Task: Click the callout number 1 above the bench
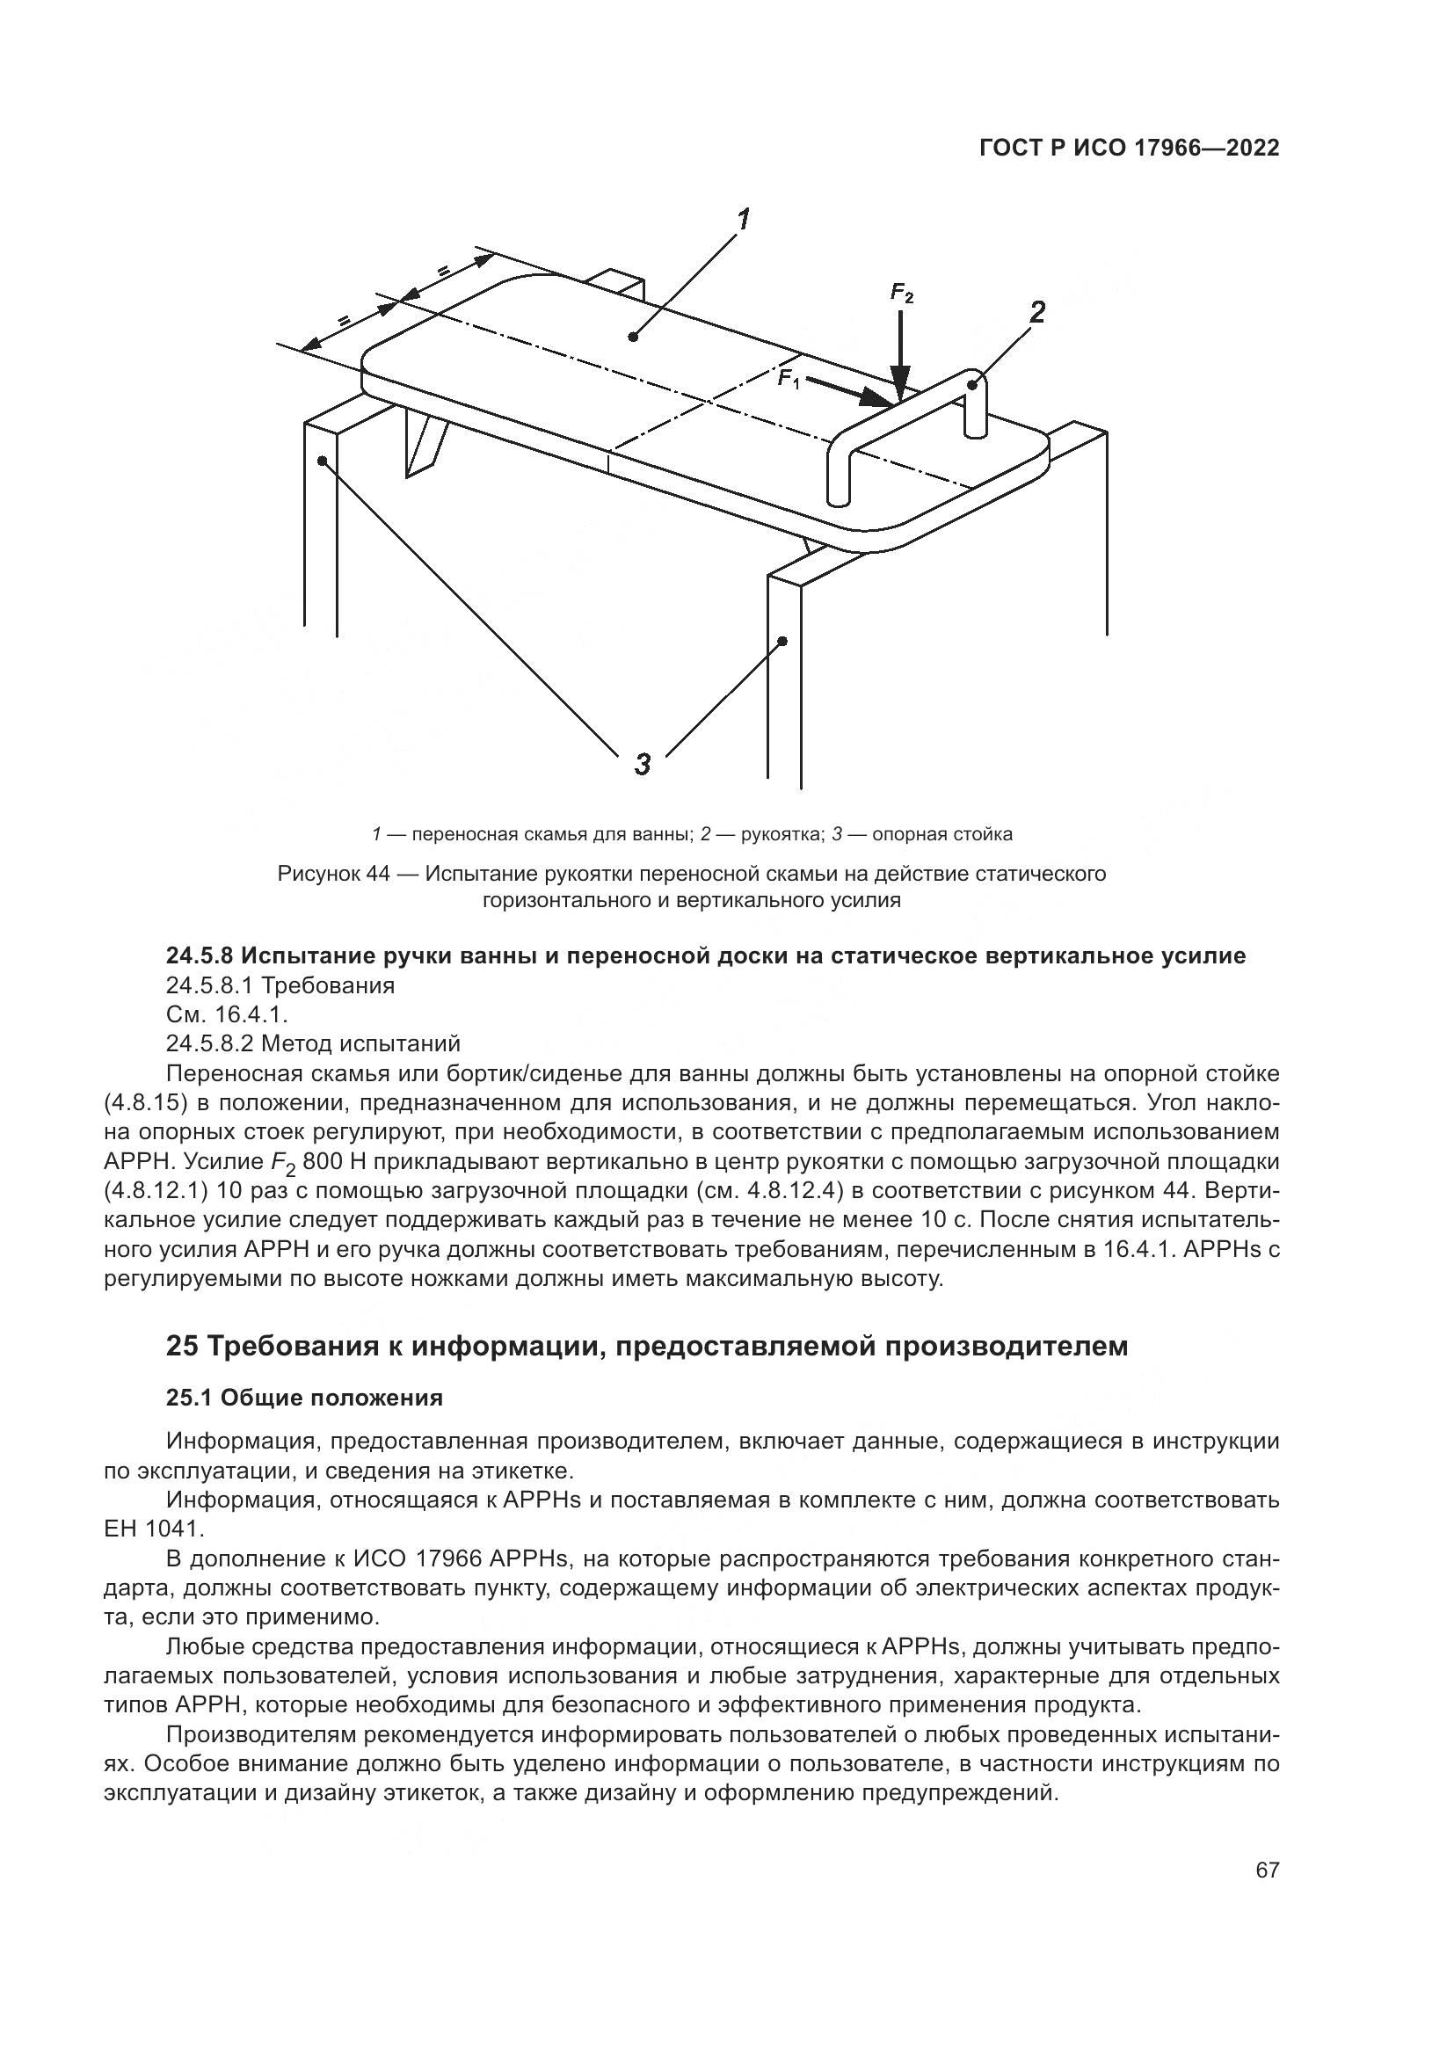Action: pos(742,219)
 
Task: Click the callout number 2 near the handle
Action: pos(1036,313)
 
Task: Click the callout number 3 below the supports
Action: pos(642,764)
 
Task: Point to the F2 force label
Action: pos(902,293)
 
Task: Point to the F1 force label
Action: pos(788,378)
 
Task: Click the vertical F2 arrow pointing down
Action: pos(901,353)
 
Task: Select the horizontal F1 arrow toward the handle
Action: pos(851,391)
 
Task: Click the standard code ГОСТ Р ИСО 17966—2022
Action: pos(1129,149)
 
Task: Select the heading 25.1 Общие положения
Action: pos(304,1398)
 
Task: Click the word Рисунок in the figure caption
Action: pos(321,873)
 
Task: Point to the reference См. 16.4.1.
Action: pos(227,1014)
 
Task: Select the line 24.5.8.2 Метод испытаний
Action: pos(313,1043)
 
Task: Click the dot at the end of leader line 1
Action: pos(633,337)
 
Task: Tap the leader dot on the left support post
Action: pos(322,461)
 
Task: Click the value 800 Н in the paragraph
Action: pos(333,1162)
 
